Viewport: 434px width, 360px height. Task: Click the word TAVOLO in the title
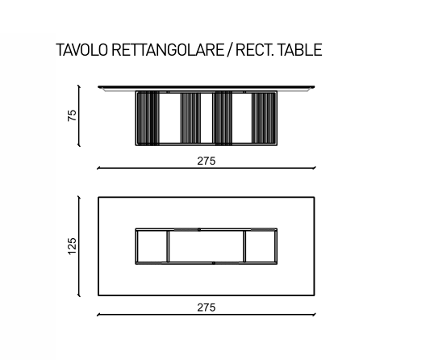pyautogui.click(x=82, y=50)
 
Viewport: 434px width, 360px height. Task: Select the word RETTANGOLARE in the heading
pyautogui.click(x=168, y=50)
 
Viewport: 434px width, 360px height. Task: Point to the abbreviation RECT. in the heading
pyautogui.click(x=255, y=50)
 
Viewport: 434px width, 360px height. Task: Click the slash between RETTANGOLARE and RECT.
pyautogui.click(x=229, y=50)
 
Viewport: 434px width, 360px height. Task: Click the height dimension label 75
pyautogui.click(x=72, y=115)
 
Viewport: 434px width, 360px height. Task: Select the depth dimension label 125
pyautogui.click(x=72, y=246)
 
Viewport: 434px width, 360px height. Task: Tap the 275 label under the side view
pyautogui.click(x=207, y=161)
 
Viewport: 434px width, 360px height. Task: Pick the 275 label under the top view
pyautogui.click(x=207, y=308)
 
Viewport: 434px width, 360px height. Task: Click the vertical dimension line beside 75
pyautogui.click(x=79, y=115)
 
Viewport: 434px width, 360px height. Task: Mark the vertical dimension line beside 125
pyautogui.click(x=79, y=246)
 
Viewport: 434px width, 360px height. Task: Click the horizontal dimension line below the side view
pyautogui.click(x=207, y=168)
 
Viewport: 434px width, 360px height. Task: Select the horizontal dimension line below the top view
pyautogui.click(x=207, y=315)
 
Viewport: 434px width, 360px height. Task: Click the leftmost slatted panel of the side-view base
pyautogui.click(x=148, y=118)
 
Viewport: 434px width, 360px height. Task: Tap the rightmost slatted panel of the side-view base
pyautogui.click(x=264, y=118)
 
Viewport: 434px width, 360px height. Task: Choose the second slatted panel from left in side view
pyautogui.click(x=190, y=118)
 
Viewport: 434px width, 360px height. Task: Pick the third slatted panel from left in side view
pyautogui.click(x=223, y=118)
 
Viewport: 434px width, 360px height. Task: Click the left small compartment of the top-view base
pyautogui.click(x=152, y=246)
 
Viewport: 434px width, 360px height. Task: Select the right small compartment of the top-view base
pyautogui.click(x=261, y=246)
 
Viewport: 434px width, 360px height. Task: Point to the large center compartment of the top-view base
pyautogui.click(x=207, y=246)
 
